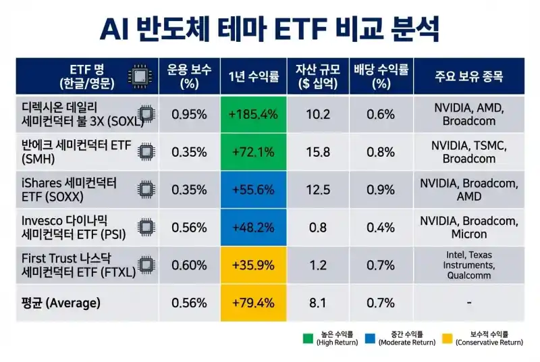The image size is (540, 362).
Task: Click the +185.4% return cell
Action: point(253,114)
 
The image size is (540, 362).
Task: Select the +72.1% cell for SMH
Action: point(253,152)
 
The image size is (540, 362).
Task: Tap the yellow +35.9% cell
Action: point(253,265)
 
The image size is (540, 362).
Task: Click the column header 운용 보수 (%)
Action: point(189,76)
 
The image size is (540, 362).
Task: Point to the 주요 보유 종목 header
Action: point(468,76)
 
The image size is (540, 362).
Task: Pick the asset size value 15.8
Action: point(317,152)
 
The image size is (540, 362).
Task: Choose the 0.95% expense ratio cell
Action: point(189,114)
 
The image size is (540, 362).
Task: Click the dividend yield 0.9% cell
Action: point(381,190)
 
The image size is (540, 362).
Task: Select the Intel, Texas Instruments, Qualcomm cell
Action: point(468,265)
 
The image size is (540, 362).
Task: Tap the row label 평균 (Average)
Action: point(61,303)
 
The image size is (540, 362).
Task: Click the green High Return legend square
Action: point(307,337)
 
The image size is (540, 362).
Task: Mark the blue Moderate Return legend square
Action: point(369,337)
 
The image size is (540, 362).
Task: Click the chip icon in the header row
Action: point(140,76)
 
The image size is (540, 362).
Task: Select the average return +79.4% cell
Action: point(253,303)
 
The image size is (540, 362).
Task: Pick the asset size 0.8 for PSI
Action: point(317,228)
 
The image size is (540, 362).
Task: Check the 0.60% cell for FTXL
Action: point(189,265)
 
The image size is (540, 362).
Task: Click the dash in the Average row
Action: point(468,303)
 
